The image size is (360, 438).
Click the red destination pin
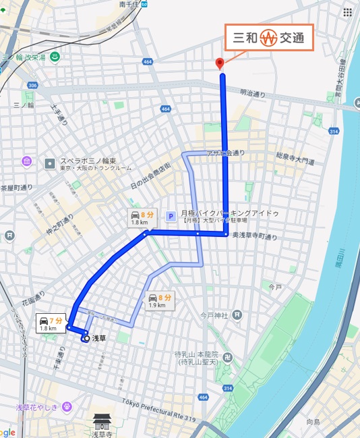coord(218,64)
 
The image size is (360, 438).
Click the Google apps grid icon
coord(347,12)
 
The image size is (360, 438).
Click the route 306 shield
coord(33,85)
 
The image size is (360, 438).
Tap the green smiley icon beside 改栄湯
coord(53,57)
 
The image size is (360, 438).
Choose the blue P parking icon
coord(171,215)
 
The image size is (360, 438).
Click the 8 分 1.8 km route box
coord(143,218)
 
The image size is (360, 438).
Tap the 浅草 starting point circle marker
coord(85,339)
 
